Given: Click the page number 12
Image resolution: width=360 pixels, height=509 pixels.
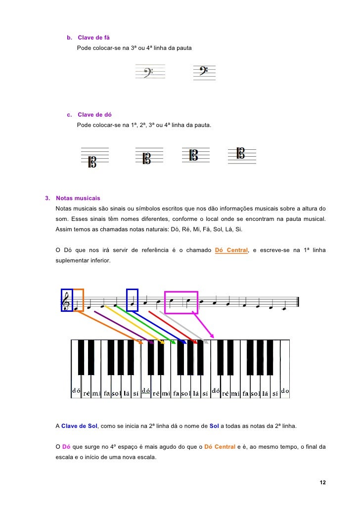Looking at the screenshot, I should click(x=323, y=482).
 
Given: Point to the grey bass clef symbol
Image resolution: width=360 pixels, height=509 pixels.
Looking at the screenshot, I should click(x=147, y=73).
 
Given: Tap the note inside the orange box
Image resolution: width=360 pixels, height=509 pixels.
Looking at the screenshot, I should click(x=77, y=308).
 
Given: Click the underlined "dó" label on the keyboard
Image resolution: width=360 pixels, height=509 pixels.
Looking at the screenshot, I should click(x=146, y=390).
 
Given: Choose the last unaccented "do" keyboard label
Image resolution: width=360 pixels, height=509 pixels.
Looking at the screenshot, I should click(x=285, y=391).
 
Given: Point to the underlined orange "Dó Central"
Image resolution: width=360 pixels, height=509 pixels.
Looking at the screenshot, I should click(x=231, y=250).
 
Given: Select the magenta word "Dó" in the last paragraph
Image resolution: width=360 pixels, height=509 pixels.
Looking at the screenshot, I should click(x=67, y=447).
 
